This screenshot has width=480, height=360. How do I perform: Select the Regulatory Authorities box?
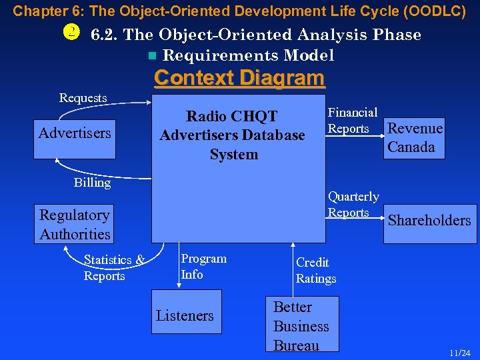75,225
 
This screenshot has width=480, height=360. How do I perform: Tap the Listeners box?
185,316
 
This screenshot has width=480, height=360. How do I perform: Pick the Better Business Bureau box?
301,325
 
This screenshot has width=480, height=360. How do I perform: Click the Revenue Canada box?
415,138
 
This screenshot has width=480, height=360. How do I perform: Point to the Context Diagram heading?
239,78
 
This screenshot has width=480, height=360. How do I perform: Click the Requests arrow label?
83,98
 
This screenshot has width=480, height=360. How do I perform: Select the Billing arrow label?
92,183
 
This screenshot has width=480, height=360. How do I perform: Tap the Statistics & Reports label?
113,267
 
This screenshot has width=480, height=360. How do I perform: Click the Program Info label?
203,266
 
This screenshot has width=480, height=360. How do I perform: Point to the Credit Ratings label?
316,270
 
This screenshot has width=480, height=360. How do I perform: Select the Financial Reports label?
352,121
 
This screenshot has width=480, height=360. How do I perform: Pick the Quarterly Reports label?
353,205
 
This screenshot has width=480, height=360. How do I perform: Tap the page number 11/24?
459,352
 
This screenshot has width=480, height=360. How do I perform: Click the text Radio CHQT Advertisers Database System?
232,135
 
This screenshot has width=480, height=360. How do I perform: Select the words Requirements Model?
248,55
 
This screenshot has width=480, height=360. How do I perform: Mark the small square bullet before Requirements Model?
153,56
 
